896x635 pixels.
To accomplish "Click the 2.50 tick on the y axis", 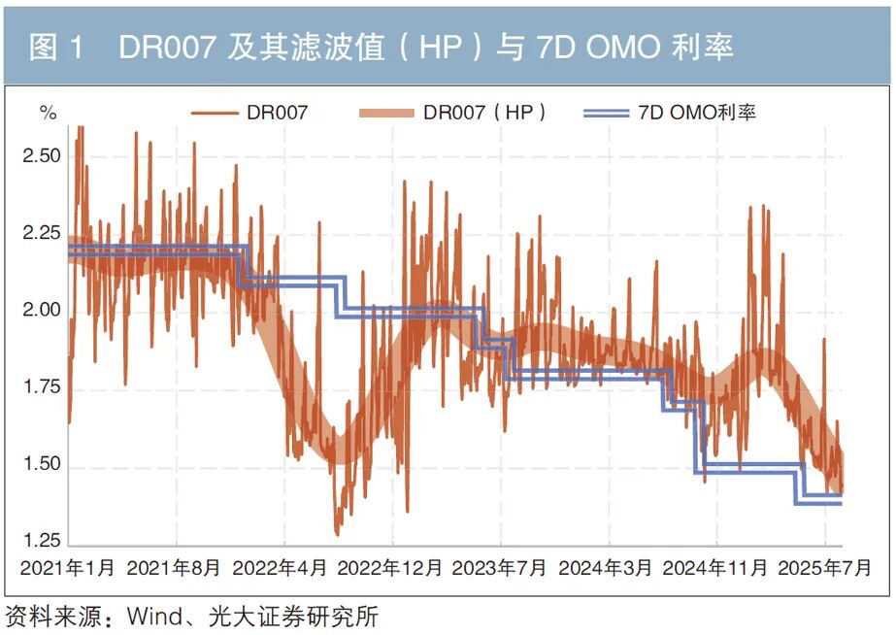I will (x=42, y=156).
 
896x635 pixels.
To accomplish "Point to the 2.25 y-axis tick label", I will (x=42, y=233).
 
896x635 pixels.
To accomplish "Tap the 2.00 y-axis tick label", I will (x=42, y=311).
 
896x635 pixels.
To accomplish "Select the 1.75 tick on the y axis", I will (x=42, y=388).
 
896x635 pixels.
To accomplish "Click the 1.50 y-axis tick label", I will (x=42, y=466).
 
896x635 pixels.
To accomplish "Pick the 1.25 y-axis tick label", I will (x=42, y=542).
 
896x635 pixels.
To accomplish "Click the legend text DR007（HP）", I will (x=485, y=113).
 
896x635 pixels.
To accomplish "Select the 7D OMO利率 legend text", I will (x=697, y=113).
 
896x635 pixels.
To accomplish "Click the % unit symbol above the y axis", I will (x=48, y=113).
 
